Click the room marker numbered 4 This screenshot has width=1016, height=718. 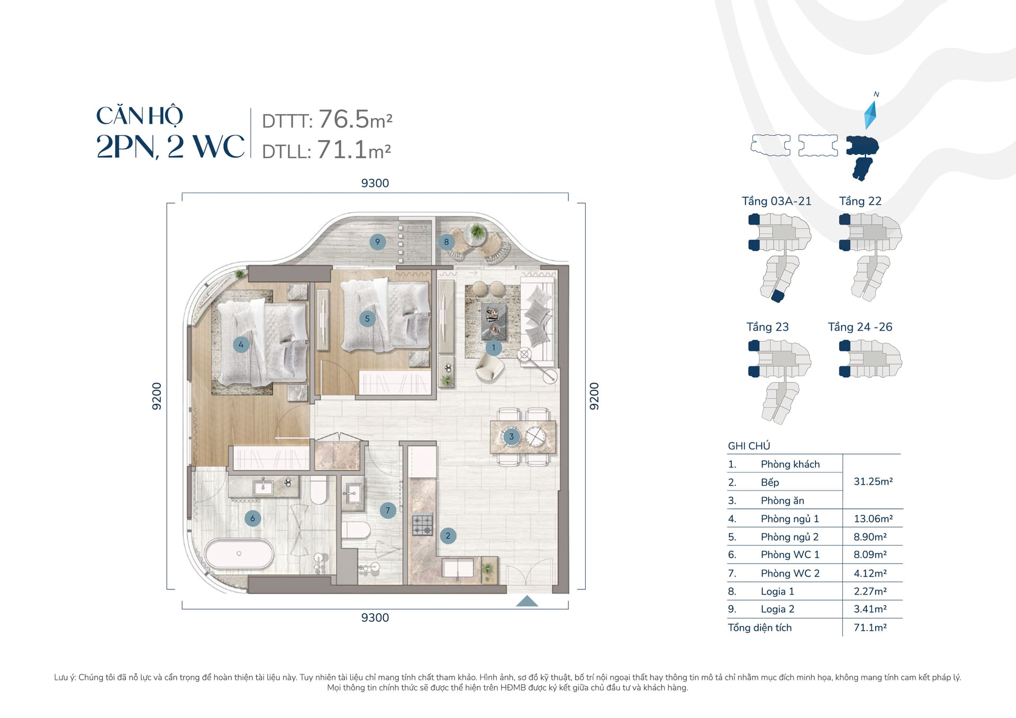coord(241,344)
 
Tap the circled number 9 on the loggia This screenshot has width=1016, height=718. coord(377,242)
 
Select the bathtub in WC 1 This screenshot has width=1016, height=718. coord(239,554)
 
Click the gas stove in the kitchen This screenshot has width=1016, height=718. coord(422,524)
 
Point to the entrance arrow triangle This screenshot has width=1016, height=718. coord(527,601)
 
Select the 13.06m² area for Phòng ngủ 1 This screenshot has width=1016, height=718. coord(873,519)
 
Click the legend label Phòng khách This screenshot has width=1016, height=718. coord(790,464)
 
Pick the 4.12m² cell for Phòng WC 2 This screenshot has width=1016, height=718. coord(870,573)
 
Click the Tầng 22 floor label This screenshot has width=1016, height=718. coord(860,201)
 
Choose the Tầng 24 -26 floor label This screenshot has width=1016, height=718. coord(860,327)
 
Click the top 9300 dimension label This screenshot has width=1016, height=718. coord(375,183)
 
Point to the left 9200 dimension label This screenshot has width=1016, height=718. coord(157,396)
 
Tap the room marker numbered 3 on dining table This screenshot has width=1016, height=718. coord(511,437)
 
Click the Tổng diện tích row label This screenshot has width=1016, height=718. coord(760,628)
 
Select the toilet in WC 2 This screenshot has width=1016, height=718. coord(355,529)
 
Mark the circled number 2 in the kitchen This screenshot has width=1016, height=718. coord(448,535)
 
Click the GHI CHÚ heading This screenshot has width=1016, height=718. coord(749,446)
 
